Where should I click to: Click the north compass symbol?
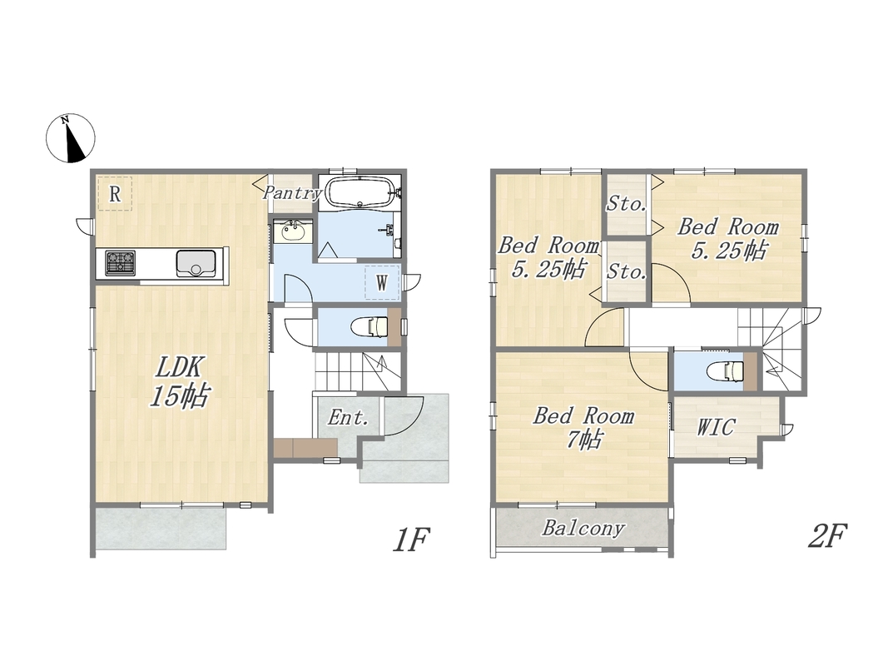[x=70, y=138]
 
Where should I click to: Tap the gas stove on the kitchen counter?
[x=121, y=263]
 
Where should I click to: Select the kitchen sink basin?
[x=196, y=263]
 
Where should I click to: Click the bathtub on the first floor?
[x=359, y=193]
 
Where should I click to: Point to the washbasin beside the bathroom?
[x=292, y=231]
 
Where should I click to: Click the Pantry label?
[x=292, y=192]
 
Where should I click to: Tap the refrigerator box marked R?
[x=115, y=194]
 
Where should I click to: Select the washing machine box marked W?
[x=382, y=282]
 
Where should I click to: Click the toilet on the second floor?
[x=726, y=371]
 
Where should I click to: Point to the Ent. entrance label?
[x=348, y=418]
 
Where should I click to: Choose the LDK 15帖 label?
[x=179, y=382]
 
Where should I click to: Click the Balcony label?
[x=583, y=529]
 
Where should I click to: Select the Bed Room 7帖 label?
[x=583, y=427]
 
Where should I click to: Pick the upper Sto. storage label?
[x=627, y=203]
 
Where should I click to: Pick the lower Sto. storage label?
[x=627, y=272]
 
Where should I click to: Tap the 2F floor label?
[x=827, y=535]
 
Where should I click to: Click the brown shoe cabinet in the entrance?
[x=305, y=447]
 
